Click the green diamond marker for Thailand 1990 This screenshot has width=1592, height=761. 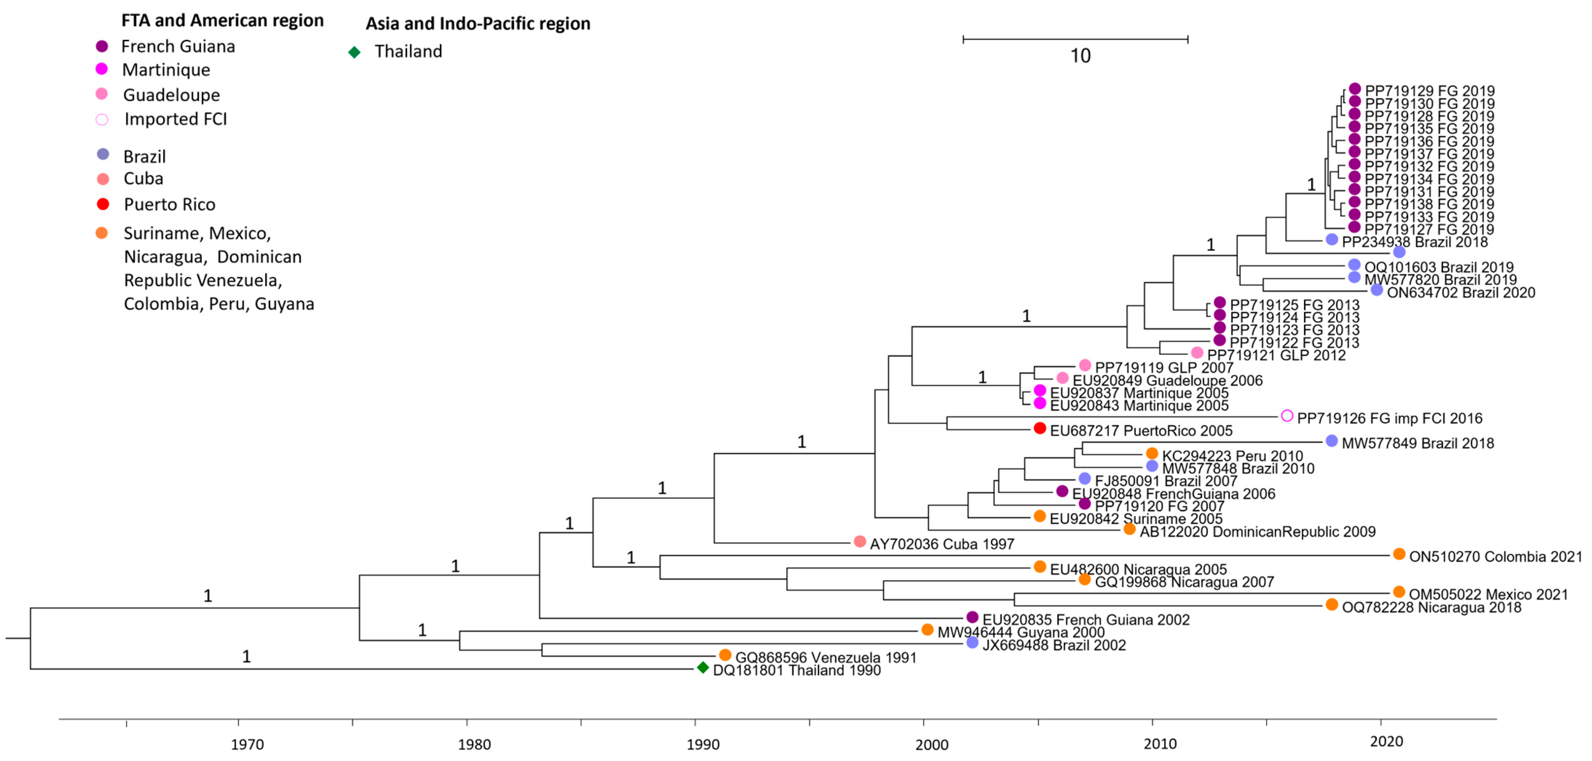point(703,668)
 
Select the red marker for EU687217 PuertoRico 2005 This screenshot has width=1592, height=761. point(1040,428)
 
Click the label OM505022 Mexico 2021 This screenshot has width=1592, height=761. point(1488,594)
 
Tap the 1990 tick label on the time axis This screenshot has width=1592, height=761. point(703,744)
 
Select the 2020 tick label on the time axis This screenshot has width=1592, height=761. point(1387,742)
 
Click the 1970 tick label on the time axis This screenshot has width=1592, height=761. point(247,744)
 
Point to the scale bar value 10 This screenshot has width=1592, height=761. point(1080,56)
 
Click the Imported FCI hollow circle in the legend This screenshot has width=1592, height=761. point(102,119)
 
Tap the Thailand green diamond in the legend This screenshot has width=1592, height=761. point(354,52)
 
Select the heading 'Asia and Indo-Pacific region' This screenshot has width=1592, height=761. point(478,24)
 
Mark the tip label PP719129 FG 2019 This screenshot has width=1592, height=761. point(1429,91)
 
